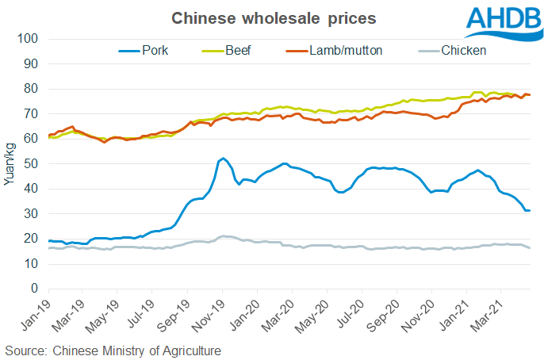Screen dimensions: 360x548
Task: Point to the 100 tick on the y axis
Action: point(30,39)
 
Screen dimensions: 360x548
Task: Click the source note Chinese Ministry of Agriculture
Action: point(113,350)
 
